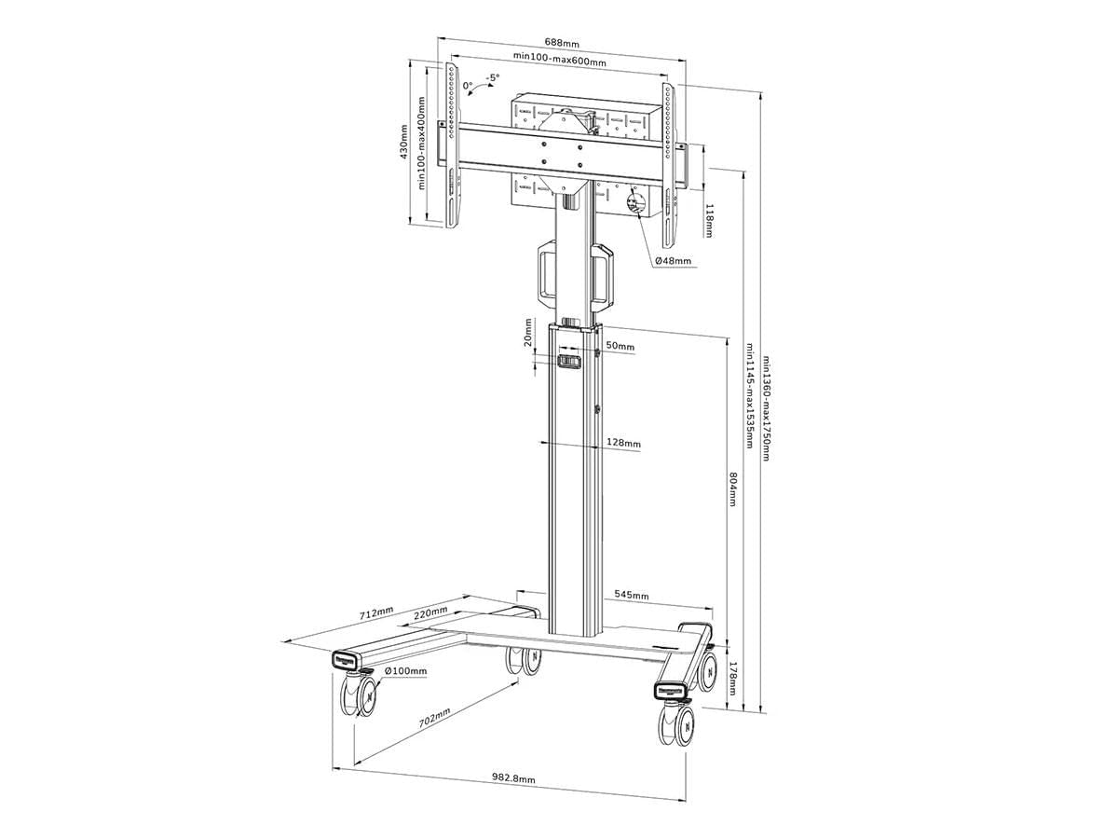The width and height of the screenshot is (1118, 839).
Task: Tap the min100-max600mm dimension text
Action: click(559, 62)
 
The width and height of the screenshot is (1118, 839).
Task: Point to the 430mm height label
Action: click(404, 142)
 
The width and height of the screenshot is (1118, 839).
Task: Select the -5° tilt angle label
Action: click(492, 78)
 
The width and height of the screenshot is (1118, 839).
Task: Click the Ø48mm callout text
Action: click(673, 261)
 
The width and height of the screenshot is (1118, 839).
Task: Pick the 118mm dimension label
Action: click(710, 221)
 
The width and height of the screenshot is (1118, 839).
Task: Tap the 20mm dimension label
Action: click(528, 332)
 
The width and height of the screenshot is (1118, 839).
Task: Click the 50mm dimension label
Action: click(620, 347)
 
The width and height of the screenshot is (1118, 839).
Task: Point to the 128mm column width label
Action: click(623, 444)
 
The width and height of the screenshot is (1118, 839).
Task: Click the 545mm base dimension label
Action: click(632, 595)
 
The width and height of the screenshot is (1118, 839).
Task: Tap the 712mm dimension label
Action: click(376, 614)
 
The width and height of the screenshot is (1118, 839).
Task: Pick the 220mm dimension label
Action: click(430, 613)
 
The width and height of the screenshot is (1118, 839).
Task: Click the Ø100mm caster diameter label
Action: click(406, 670)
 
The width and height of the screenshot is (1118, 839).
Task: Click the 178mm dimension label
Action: click(733, 678)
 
